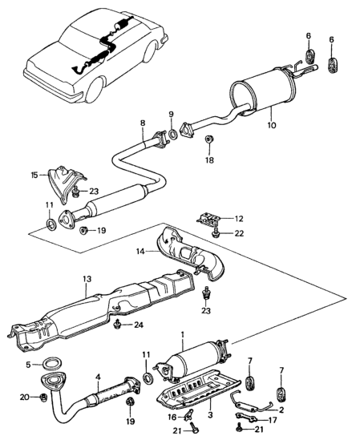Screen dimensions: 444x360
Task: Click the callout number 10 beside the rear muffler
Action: (x=270, y=125)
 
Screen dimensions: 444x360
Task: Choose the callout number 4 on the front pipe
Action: (x=98, y=377)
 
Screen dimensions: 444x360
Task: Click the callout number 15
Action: (x=34, y=175)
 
